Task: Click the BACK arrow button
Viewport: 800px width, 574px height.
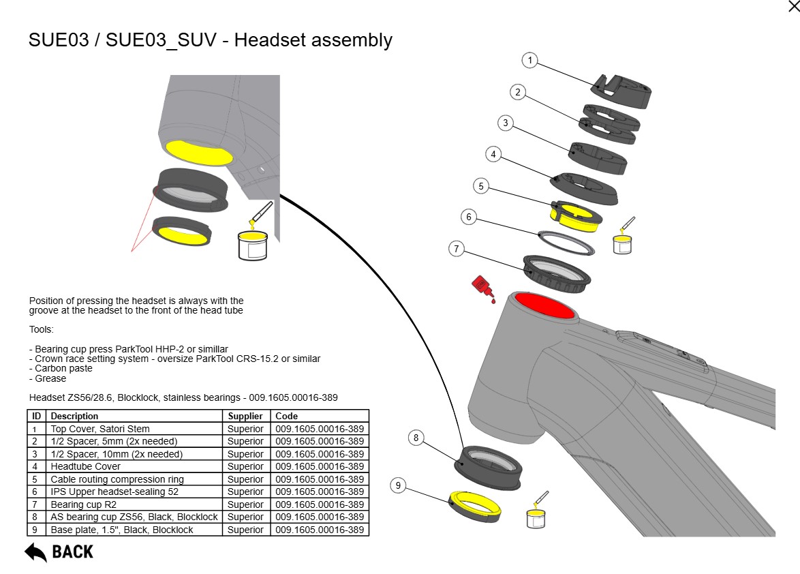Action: point(59,552)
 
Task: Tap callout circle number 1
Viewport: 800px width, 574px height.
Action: point(530,60)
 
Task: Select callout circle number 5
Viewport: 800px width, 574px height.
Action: point(481,185)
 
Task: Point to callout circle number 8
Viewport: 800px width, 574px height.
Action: point(416,438)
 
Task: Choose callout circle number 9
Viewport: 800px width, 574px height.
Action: point(399,485)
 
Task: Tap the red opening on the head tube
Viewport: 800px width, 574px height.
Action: point(544,305)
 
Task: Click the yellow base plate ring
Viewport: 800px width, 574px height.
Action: point(476,504)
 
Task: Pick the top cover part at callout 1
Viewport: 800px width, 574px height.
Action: point(622,91)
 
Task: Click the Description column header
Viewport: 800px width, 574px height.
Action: point(74,416)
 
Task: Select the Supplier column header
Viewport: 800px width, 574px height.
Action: point(245,416)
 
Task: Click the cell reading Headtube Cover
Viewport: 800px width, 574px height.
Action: point(85,466)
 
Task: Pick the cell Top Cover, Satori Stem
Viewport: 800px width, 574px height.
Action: point(100,429)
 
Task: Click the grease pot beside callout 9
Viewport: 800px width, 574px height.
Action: point(536,516)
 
